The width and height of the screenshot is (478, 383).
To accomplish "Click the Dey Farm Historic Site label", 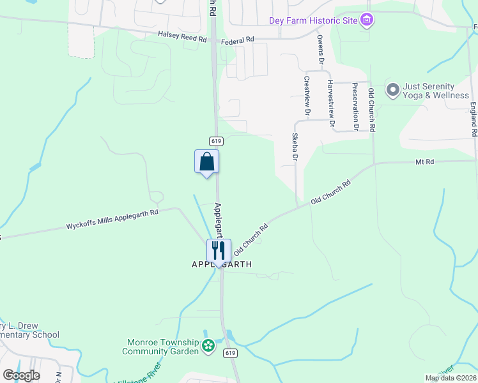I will point(312,20).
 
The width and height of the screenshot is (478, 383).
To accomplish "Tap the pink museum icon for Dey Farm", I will point(367,21).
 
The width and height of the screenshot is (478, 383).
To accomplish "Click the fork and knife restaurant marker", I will point(219,250).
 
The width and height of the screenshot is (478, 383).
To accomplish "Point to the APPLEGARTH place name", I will point(222,264).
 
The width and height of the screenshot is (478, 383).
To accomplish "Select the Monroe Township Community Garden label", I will point(166,347).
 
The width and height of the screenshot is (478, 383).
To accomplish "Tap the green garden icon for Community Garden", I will point(208,347).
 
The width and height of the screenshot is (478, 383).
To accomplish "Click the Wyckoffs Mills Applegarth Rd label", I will point(112,218).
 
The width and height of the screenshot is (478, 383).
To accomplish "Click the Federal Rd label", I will point(238,40).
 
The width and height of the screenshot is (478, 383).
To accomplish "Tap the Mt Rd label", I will point(424,162).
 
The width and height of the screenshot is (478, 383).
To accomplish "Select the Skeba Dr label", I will point(295,146).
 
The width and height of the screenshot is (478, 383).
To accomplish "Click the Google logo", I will point(21,375).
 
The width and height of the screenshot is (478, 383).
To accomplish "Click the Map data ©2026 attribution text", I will point(451,378).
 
